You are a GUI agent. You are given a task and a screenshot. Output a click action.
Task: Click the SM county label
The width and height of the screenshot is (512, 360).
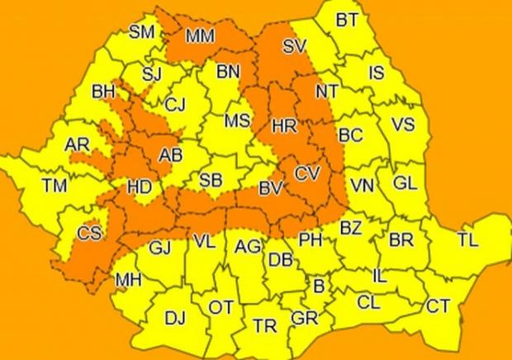(x=143, y=32)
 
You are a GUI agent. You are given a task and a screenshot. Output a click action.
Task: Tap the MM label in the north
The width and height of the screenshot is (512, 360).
(x=201, y=36)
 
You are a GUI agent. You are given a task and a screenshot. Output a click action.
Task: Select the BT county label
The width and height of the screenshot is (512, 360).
(x=347, y=21)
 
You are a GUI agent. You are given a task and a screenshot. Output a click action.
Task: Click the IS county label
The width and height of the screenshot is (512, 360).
(x=376, y=73)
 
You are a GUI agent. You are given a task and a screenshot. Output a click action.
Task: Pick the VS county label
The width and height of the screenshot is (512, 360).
(x=402, y=125)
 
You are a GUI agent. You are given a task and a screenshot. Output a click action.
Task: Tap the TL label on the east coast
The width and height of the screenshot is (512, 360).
(x=467, y=240)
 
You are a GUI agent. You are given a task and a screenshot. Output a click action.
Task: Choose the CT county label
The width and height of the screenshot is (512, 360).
(x=438, y=306)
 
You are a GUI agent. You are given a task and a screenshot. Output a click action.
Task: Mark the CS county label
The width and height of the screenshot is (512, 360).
(x=89, y=234)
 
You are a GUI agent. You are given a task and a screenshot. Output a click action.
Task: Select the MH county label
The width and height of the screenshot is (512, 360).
(x=128, y=281)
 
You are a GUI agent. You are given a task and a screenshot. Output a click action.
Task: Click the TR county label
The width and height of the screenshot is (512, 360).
(x=265, y=326)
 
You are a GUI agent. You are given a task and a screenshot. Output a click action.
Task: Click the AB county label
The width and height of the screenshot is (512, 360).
(x=171, y=154)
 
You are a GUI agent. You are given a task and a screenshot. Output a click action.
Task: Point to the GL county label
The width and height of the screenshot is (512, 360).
(x=405, y=182)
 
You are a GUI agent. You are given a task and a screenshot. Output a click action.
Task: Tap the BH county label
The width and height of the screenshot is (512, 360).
(x=104, y=91)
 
